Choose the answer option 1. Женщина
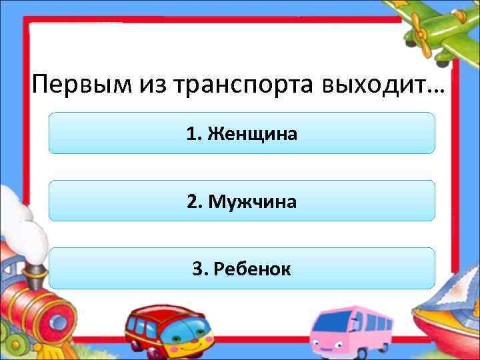242,133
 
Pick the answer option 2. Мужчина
242,201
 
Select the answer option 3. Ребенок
242,268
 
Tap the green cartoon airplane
440,30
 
